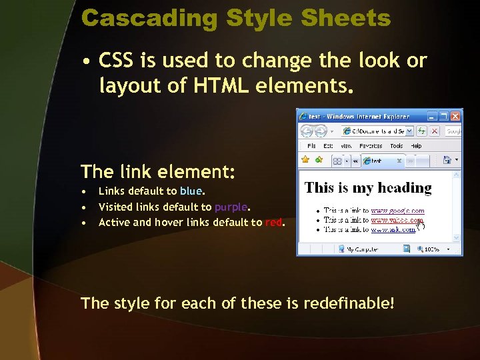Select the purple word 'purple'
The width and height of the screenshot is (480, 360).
pos(231,207)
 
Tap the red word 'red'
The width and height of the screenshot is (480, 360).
pos(273,223)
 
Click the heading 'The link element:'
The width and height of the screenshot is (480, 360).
pos(158,172)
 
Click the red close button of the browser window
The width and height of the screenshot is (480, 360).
pos(455,116)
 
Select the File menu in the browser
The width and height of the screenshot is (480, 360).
pos(311,145)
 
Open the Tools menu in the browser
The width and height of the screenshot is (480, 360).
pos(396,145)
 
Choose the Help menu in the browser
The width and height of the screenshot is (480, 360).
pos(416,145)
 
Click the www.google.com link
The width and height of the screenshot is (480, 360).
pos(397,211)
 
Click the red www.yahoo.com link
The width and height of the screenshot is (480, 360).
pos(397,219)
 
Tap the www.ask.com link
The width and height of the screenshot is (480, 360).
pos(393,229)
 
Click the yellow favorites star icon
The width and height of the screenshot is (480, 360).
pos(305,160)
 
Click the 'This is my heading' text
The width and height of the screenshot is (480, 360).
pos(368,188)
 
